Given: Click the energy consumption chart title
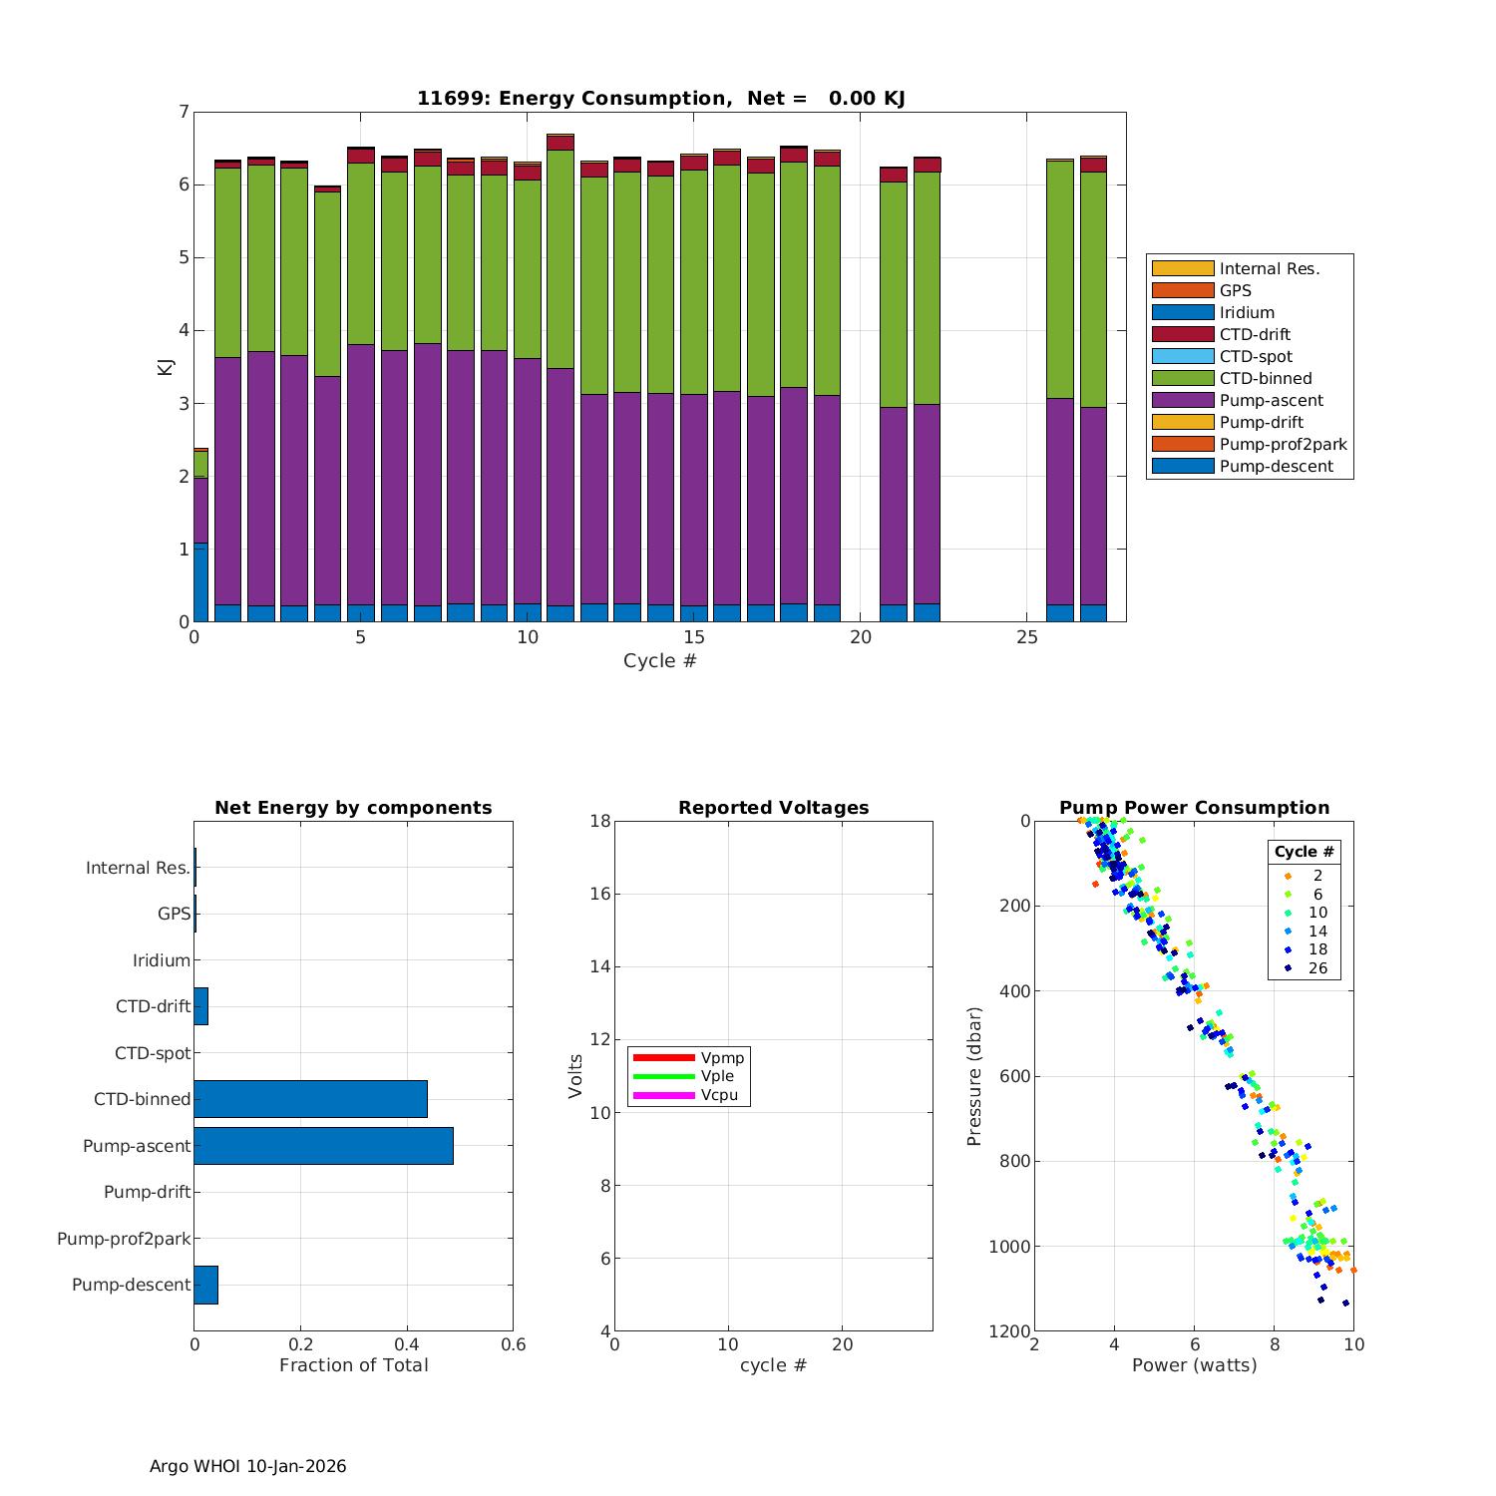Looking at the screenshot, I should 660,98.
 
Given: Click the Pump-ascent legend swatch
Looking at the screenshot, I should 1183,400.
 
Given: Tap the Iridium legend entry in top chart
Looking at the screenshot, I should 1246,312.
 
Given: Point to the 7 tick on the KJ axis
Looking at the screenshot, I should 183,112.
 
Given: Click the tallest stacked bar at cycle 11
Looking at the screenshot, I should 561,379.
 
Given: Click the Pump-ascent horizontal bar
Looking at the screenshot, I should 323,1146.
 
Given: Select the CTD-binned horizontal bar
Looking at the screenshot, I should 310,1099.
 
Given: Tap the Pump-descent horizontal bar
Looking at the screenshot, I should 205,1285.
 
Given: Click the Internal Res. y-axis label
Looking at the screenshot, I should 138,868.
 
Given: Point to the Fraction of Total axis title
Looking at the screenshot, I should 353,1365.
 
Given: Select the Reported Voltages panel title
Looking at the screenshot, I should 773,808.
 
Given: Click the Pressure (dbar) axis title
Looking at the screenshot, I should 974,1076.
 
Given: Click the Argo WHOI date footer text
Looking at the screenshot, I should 247,1466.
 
